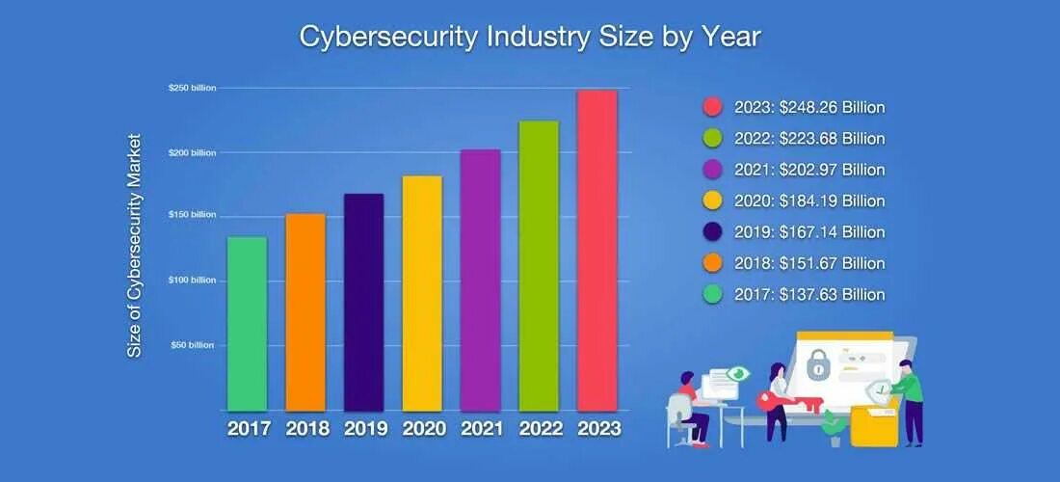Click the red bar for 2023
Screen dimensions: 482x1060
596,251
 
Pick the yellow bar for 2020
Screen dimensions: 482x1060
422,293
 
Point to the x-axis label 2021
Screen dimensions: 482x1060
481,428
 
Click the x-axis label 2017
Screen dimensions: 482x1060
248,428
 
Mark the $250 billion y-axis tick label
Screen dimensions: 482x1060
193,88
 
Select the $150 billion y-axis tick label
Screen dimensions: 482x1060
193,214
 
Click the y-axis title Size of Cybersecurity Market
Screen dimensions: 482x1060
135,246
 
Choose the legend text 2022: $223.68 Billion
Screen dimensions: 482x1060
808,139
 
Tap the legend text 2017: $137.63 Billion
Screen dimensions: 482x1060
808,294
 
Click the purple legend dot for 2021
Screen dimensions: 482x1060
713,170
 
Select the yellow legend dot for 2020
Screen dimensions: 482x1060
713,201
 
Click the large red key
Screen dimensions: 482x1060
775,401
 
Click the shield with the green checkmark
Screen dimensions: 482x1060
878,389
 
